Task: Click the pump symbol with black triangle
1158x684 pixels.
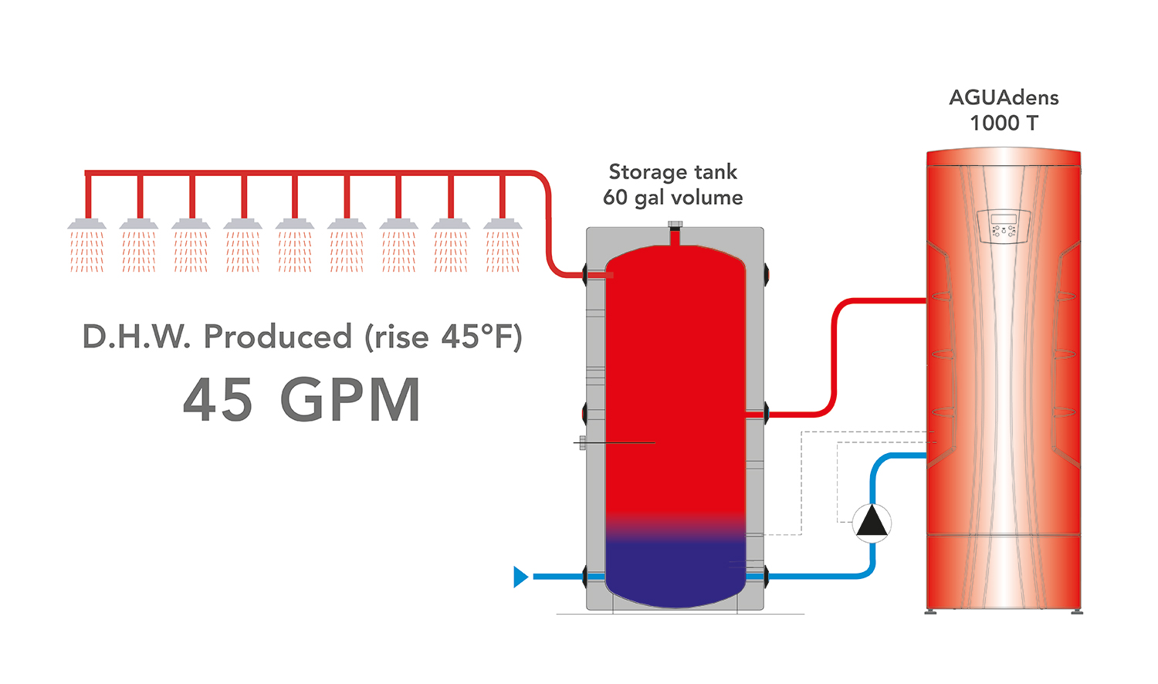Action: (x=872, y=523)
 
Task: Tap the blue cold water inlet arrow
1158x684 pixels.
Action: (x=521, y=577)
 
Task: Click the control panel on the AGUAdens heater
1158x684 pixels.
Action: (x=1003, y=226)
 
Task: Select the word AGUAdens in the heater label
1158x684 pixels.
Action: (x=1004, y=98)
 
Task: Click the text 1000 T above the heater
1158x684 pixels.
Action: (x=1004, y=124)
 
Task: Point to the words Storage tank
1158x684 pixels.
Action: (x=672, y=172)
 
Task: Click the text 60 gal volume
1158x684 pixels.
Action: (x=672, y=198)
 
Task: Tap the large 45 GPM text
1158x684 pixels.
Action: (x=302, y=401)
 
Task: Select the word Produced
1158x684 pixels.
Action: (x=277, y=337)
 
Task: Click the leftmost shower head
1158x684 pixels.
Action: (x=86, y=225)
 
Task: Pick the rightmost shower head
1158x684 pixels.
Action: (x=503, y=225)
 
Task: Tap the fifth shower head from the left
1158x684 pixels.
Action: (x=295, y=225)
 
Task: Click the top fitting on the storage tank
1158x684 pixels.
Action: (x=675, y=226)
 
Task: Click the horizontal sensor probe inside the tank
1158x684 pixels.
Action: (x=618, y=443)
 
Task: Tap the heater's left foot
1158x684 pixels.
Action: (x=931, y=611)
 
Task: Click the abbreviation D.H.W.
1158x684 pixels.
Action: (x=136, y=337)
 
